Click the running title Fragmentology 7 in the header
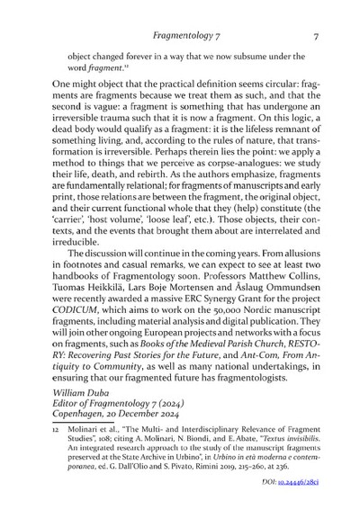pyautogui.click(x=193, y=37)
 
